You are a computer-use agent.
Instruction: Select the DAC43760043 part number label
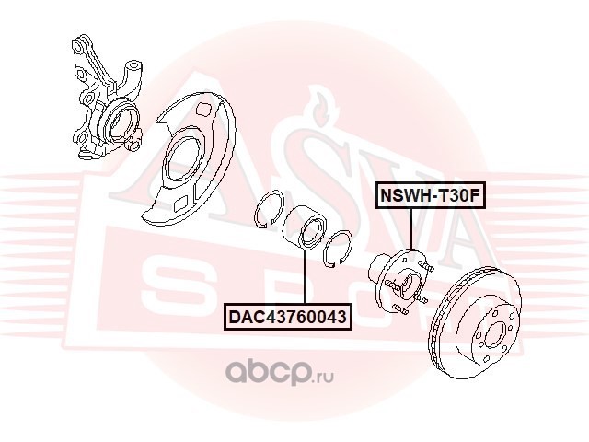287,318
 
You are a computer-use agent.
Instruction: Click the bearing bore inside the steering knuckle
121,121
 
